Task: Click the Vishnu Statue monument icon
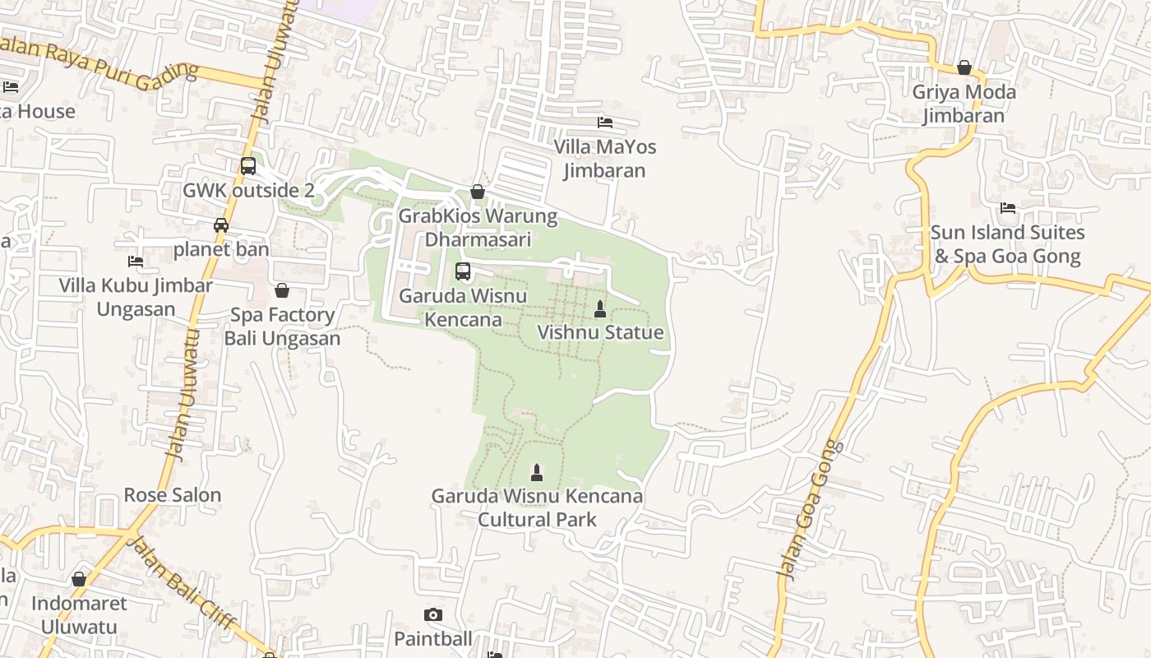point(600,309)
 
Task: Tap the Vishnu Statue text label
point(600,332)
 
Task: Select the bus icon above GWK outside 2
point(248,166)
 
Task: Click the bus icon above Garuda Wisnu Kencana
point(463,271)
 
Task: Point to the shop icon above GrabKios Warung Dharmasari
point(478,192)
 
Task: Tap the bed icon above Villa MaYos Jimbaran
point(605,123)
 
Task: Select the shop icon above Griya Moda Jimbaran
point(964,67)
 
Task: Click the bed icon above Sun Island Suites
point(1008,208)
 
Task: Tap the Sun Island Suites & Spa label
point(1007,244)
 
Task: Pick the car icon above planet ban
point(220,225)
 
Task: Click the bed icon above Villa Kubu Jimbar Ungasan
point(136,262)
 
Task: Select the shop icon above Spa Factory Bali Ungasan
point(282,290)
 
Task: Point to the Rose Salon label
point(173,495)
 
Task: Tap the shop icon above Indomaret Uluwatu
point(79,579)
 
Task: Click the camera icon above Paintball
point(433,615)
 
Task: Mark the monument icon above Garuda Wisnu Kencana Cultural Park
point(537,472)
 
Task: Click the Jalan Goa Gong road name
point(810,510)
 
